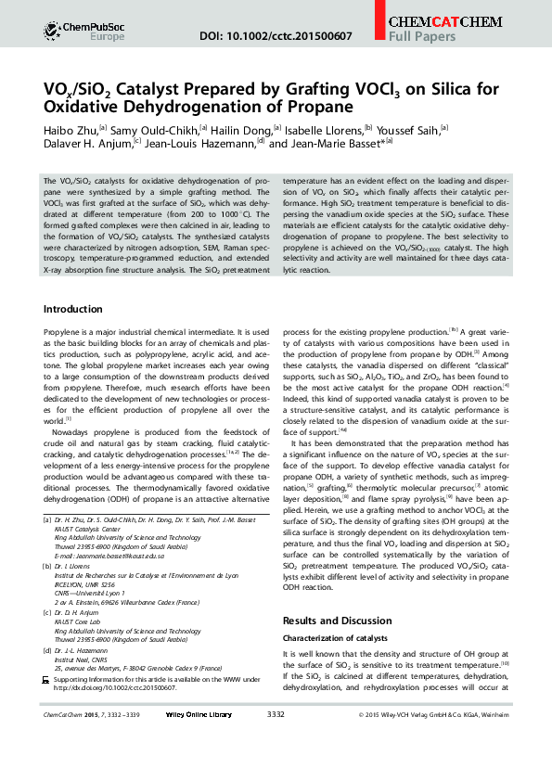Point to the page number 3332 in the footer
click(276, 714)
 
